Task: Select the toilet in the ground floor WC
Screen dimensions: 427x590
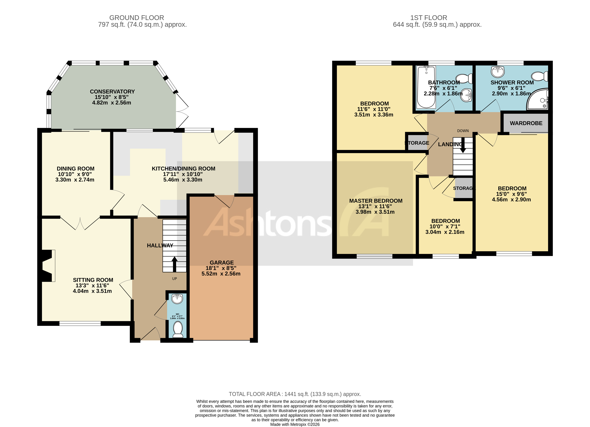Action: [x=178, y=329]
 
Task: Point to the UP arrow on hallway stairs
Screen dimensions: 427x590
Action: [x=174, y=264]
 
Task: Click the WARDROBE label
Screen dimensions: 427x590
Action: [x=526, y=123]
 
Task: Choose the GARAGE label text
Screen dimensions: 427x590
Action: [x=222, y=263]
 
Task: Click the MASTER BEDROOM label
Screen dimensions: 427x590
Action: [x=376, y=201]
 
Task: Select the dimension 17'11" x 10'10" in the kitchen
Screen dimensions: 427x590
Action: [x=183, y=174]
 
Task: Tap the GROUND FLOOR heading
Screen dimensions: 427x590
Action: [x=137, y=18]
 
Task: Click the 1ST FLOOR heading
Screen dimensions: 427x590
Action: [x=428, y=18]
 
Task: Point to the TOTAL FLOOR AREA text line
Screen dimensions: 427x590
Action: [x=295, y=394]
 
